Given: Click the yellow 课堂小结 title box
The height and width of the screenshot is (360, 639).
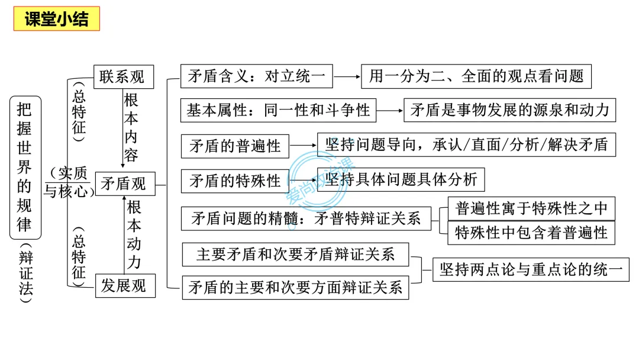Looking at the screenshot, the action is (57, 19).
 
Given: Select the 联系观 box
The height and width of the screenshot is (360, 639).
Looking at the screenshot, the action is (124, 76).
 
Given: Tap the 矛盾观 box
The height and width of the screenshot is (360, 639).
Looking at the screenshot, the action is (125, 184).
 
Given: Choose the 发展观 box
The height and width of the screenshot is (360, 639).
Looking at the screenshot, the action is (125, 286).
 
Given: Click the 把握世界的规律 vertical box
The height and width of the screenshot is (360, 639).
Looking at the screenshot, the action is (25, 168).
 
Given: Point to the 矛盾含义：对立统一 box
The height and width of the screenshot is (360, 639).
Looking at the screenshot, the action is (256, 76).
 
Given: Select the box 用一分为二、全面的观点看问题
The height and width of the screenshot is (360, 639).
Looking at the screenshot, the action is (476, 76).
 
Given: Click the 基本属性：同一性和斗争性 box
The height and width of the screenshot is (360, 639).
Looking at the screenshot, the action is (278, 111).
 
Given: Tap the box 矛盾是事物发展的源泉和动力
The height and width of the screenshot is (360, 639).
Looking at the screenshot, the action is (509, 110).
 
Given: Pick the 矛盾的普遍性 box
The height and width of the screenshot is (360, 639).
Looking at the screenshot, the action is (235, 146).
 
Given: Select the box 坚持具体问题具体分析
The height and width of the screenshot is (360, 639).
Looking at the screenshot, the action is (401, 179).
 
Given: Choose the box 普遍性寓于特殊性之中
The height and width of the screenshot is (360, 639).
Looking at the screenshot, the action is (531, 209).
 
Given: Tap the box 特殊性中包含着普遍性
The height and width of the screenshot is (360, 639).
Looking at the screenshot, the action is (531, 233).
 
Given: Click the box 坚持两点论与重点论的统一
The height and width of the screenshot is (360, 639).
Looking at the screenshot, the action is (531, 269).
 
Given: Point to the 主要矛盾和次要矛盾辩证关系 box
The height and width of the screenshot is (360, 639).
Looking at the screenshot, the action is (295, 255).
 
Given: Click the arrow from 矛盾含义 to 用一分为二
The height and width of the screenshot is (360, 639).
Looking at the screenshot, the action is (347, 76).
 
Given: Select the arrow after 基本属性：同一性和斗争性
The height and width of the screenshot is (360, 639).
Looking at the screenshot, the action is (389, 111).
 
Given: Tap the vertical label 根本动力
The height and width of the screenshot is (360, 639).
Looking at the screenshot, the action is (134, 235).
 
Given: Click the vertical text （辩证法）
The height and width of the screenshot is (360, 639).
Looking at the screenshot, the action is (25, 273).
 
